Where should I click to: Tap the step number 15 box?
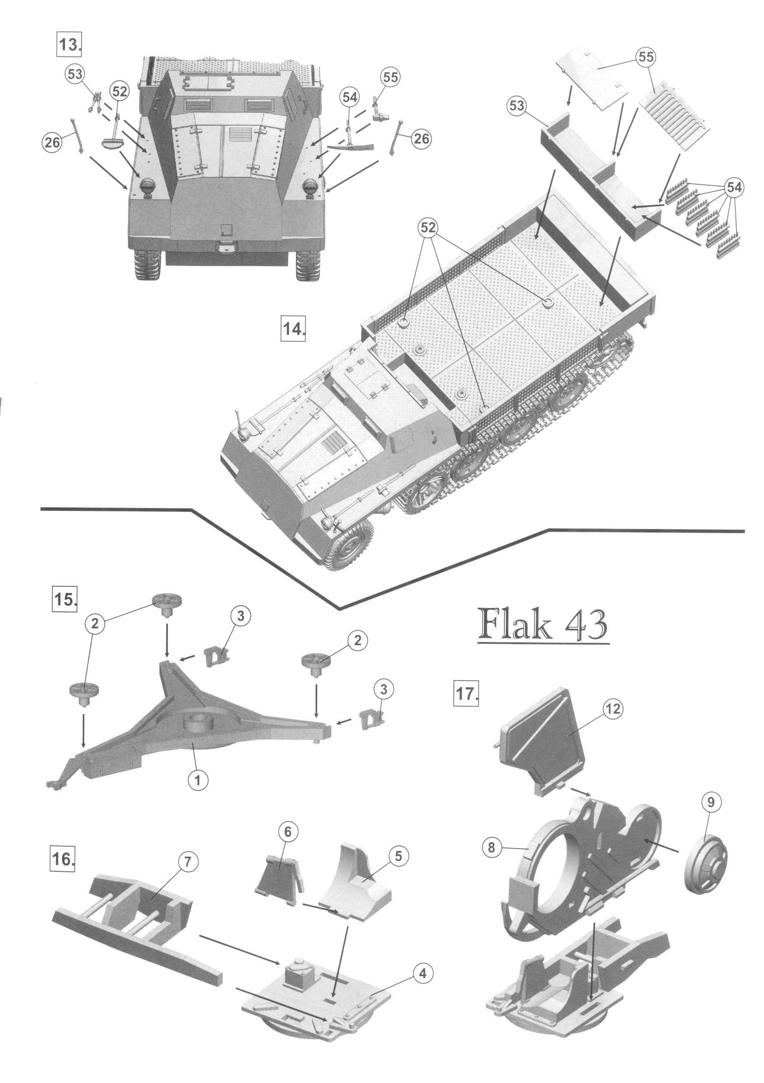[x=65, y=599]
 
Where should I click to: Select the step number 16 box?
[x=63, y=858]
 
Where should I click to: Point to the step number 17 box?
[x=465, y=694]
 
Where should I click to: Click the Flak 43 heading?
[x=543, y=625]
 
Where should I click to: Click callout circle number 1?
[x=197, y=780]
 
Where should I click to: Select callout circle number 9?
[x=711, y=801]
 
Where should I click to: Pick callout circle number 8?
[x=491, y=847]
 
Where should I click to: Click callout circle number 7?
[x=187, y=862]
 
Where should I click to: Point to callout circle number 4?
[x=422, y=973]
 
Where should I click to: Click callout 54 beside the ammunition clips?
[x=734, y=188]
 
